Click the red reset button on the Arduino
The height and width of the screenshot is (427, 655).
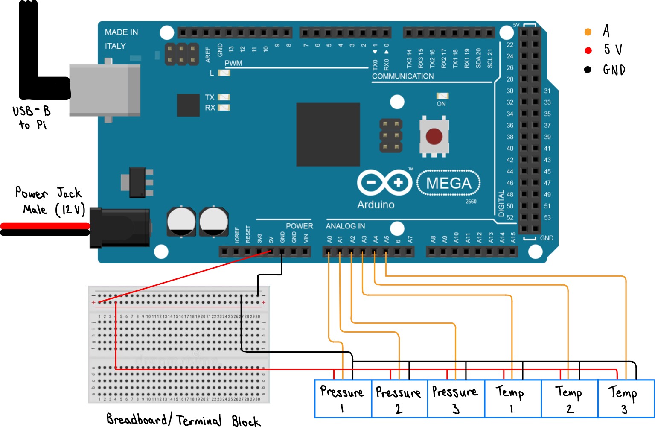(434, 136)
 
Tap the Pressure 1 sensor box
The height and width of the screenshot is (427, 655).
(343, 399)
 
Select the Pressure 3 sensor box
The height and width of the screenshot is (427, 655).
(456, 399)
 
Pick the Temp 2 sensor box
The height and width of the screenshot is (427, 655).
(569, 399)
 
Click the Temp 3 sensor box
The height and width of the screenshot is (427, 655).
(626, 399)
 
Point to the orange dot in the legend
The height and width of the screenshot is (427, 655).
(588, 32)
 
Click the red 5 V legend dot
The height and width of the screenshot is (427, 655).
(588, 50)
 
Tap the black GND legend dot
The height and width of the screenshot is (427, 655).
(588, 70)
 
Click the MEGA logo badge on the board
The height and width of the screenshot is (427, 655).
(448, 183)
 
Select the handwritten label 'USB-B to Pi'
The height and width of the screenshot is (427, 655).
(32, 117)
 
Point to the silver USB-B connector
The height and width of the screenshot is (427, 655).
(105, 90)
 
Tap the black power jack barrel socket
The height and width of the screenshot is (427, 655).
(119, 228)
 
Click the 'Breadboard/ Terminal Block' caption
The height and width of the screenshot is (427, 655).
(183, 420)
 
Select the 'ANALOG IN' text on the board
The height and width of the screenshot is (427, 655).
(345, 226)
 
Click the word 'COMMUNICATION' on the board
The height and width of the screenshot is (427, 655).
(403, 76)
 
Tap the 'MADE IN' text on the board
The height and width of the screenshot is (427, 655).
(121, 32)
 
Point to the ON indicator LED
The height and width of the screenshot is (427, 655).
(442, 96)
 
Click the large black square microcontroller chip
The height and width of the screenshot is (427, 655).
(328, 135)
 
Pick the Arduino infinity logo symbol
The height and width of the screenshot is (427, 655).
(384, 183)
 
